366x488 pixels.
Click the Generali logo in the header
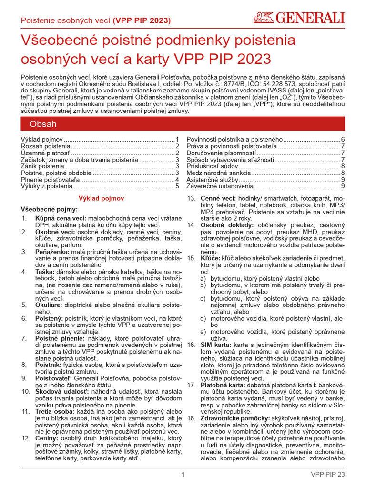[298, 19]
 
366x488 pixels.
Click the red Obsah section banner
[183, 124]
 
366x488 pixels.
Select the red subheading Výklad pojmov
[101, 197]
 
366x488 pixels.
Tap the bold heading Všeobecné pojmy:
[49, 209]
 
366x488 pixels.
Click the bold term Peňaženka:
[50, 251]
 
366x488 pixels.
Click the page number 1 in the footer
[183, 474]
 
